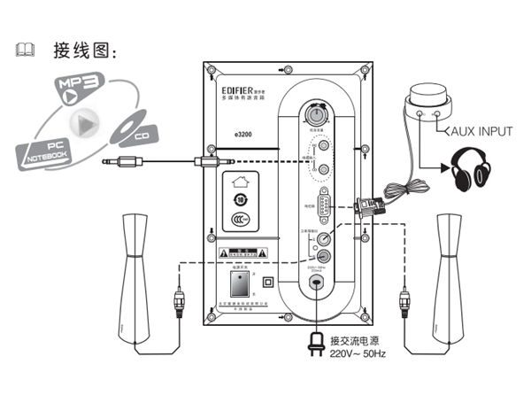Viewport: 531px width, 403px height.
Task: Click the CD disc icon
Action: pos(134,129)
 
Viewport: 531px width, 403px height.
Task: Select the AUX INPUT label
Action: pos(478,131)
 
